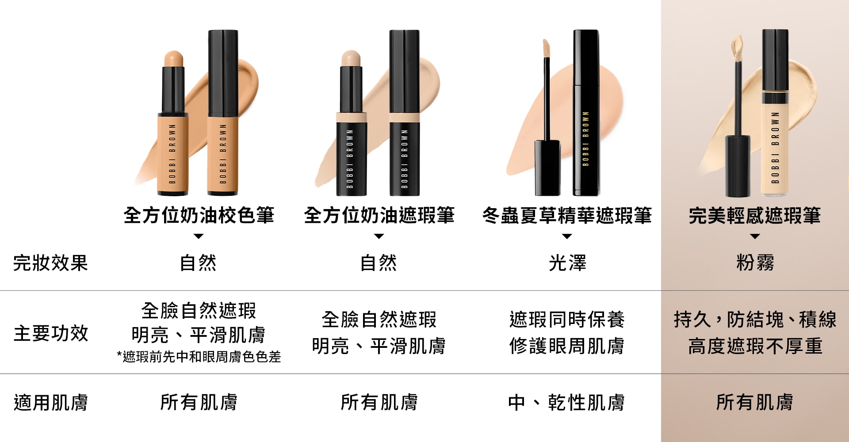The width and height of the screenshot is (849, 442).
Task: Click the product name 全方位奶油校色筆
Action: (x=199, y=215)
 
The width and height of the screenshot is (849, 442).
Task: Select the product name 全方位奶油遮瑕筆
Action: (x=379, y=215)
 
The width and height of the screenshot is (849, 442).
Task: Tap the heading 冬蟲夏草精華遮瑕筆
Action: (x=567, y=215)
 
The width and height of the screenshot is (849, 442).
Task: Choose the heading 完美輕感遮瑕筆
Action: (x=755, y=215)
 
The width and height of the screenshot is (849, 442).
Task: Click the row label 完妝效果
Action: (x=51, y=263)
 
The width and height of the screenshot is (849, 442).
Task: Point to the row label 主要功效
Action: (x=51, y=333)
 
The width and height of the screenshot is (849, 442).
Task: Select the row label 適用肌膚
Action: (x=51, y=403)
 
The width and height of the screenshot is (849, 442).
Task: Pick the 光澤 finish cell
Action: (x=567, y=263)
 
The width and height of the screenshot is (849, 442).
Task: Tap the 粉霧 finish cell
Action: (x=755, y=263)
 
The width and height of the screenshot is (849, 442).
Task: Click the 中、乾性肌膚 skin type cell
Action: (x=566, y=403)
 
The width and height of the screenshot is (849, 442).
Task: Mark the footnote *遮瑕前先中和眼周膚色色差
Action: (x=199, y=357)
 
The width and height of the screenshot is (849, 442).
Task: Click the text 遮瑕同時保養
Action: (x=567, y=320)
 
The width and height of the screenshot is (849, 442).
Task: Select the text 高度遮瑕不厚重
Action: (x=755, y=346)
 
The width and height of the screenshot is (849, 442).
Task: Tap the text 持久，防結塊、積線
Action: (x=755, y=320)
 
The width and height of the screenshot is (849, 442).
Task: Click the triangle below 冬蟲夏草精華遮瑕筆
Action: (x=567, y=236)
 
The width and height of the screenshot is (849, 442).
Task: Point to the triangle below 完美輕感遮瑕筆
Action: (x=755, y=236)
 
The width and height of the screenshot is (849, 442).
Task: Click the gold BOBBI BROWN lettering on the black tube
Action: (x=586, y=138)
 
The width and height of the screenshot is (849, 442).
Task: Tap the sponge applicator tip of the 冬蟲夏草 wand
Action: (x=546, y=47)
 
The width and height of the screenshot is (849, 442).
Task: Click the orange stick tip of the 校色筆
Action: (x=173, y=59)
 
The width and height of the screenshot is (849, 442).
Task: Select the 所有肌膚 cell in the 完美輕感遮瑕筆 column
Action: (x=755, y=403)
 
